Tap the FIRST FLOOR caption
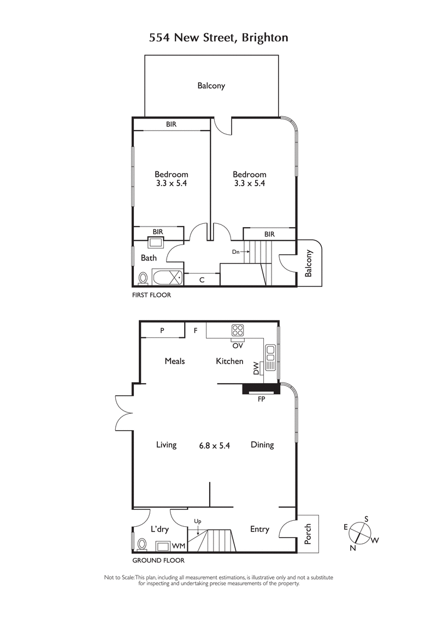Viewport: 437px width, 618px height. (x=152, y=295)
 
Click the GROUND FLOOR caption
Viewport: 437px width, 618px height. (x=158, y=560)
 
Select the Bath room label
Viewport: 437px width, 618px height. (x=149, y=258)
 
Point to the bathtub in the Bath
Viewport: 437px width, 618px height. (x=168, y=278)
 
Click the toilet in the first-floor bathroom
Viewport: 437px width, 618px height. (x=143, y=278)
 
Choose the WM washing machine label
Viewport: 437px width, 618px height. (x=178, y=545)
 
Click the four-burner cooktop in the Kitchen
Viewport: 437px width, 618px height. (x=238, y=330)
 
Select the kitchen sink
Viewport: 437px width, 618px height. (x=270, y=358)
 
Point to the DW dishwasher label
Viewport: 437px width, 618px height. (x=256, y=370)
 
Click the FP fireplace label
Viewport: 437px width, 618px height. (x=262, y=399)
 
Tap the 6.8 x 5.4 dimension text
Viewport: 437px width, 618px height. (x=215, y=445)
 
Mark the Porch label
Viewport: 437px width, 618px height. (x=308, y=534)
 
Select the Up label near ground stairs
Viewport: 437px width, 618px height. (x=198, y=521)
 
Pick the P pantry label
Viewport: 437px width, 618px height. (x=162, y=330)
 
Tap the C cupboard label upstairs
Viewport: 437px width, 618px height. (x=202, y=280)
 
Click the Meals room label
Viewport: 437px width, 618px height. (x=175, y=361)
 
